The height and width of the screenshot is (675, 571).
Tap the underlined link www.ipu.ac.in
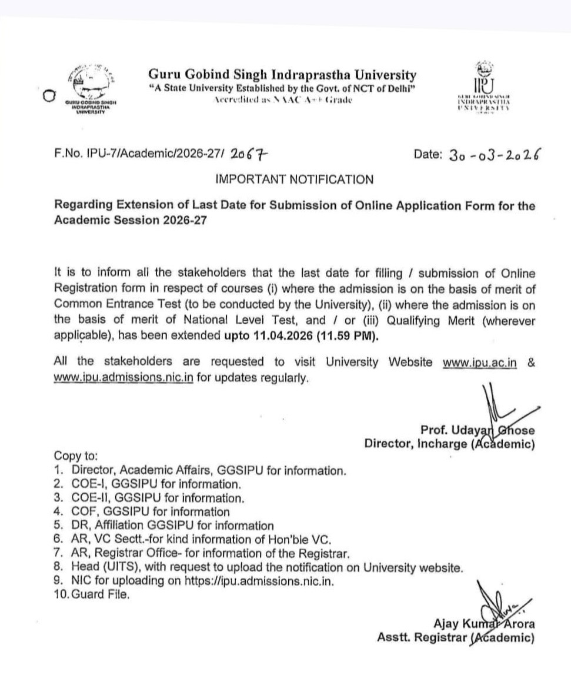click(x=479, y=363)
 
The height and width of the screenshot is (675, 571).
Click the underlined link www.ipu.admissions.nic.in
click(x=123, y=378)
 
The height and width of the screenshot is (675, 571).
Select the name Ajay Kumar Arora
click(x=484, y=624)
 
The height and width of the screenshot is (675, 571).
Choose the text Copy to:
click(x=76, y=456)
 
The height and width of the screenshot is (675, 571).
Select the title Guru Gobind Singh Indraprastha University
click(x=282, y=75)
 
